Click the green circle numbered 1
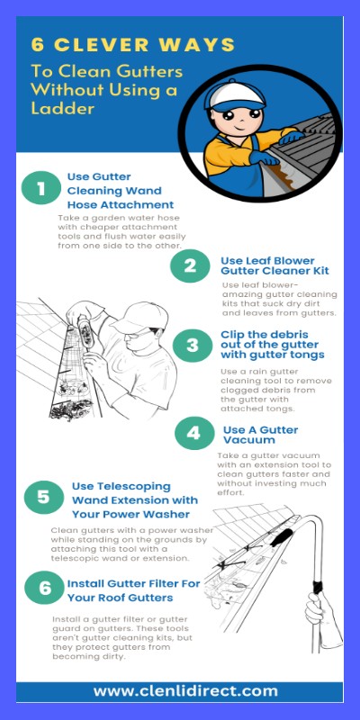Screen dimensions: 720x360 pyautogui.click(x=40, y=189)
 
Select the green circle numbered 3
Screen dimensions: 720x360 pyautogui.click(x=192, y=345)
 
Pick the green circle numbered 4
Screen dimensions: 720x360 pyautogui.click(x=193, y=434)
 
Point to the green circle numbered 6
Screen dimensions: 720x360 pyautogui.click(x=44, y=589)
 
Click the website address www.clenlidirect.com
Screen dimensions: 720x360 pyautogui.click(x=185, y=691)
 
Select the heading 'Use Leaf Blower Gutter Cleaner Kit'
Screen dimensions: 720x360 pyautogui.click(x=274, y=265)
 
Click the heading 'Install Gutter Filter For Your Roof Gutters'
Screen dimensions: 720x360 pyautogui.click(x=133, y=590)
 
